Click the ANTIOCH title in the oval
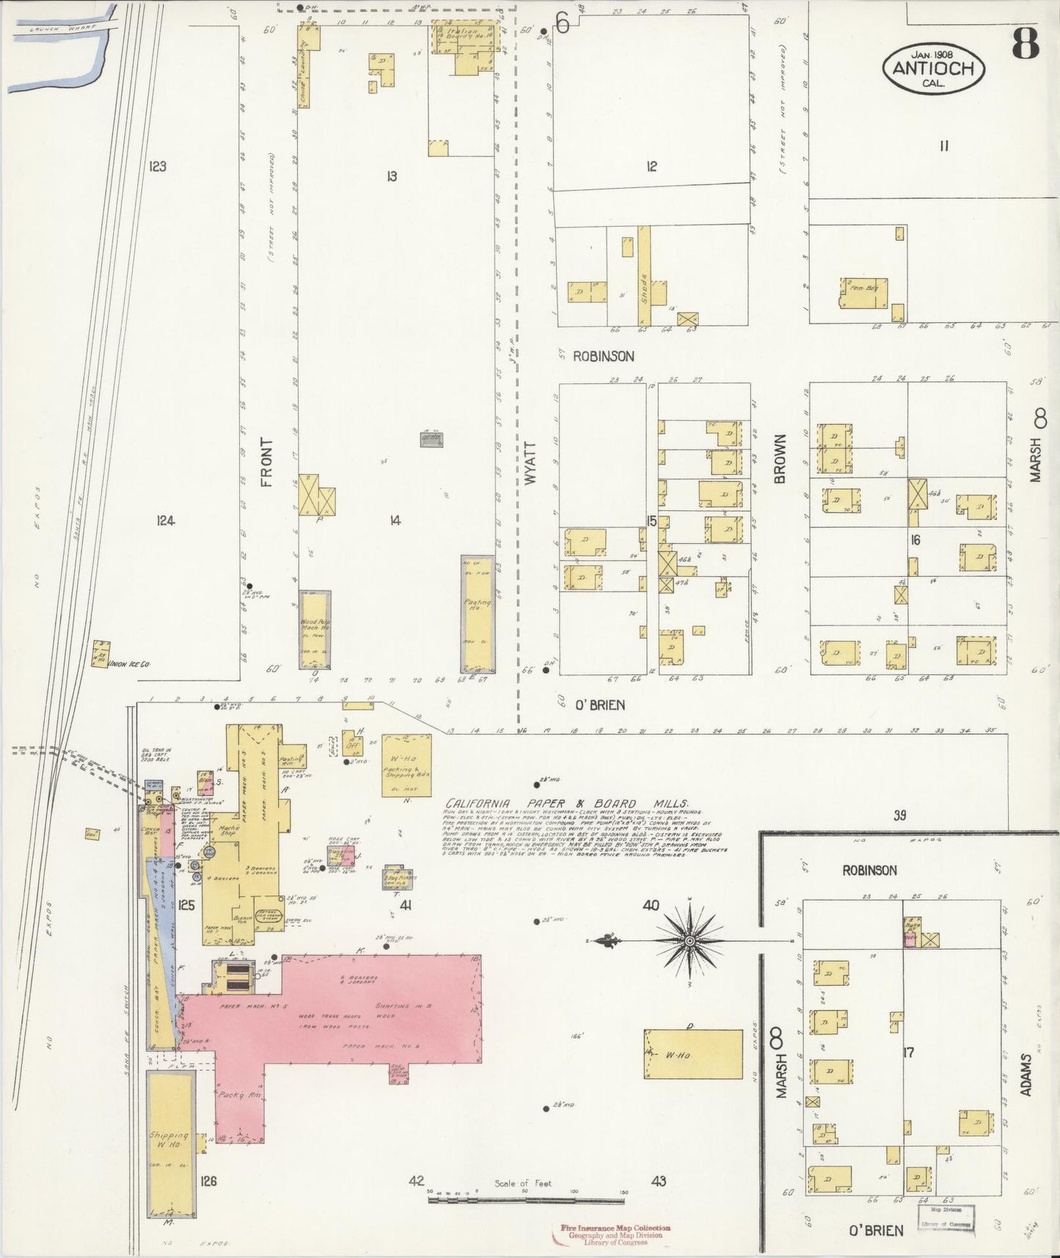tap(933, 68)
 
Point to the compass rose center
tap(690, 940)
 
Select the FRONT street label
tap(266, 462)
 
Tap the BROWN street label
tap(779, 458)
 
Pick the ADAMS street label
tap(1026, 1075)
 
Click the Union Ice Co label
tap(129, 663)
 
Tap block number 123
tap(157, 167)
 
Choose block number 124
tap(165, 520)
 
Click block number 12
tap(651, 167)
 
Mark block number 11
tap(943, 145)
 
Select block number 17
tap(908, 1052)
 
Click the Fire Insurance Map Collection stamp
tap(615, 1227)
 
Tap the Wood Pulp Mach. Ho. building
tap(315, 630)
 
